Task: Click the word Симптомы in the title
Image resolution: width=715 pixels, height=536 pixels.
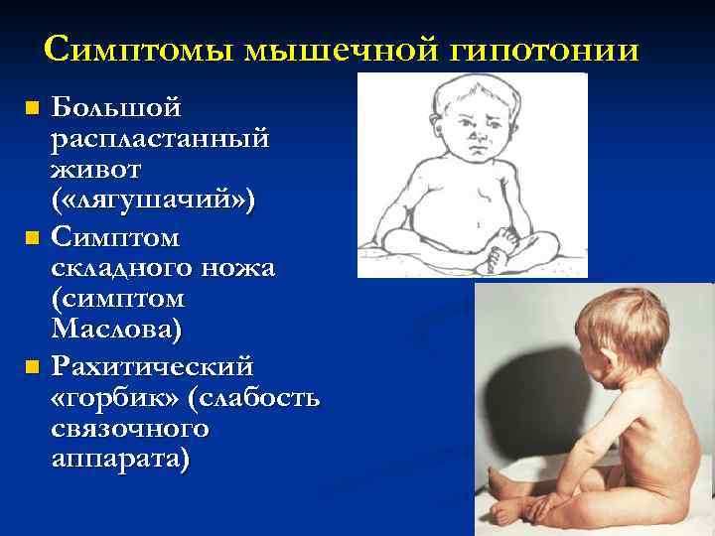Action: tap(139, 50)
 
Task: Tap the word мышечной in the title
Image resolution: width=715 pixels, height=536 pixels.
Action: tap(341, 51)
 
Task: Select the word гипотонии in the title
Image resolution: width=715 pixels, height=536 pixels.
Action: tap(544, 51)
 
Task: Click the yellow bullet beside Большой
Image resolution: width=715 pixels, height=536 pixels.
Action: tap(33, 108)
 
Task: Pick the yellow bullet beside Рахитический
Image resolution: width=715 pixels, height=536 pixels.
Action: tap(33, 367)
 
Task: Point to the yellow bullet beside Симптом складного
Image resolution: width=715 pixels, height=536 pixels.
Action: tap(33, 237)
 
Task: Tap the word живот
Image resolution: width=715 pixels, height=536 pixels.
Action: tap(95, 170)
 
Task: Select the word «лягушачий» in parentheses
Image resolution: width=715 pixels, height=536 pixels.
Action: tap(153, 201)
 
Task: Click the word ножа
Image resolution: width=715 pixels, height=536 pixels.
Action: tap(238, 268)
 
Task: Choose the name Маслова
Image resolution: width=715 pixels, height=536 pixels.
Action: tap(112, 329)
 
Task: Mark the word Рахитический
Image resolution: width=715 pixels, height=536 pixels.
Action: tap(152, 366)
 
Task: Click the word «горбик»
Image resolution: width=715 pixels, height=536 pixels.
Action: tap(115, 398)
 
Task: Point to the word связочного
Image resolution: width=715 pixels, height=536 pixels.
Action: tap(130, 430)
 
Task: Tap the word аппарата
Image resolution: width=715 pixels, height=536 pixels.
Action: tap(117, 459)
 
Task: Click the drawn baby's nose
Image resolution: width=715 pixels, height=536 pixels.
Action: tap(477, 135)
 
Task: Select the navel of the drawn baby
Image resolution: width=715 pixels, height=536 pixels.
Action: tap(477, 225)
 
